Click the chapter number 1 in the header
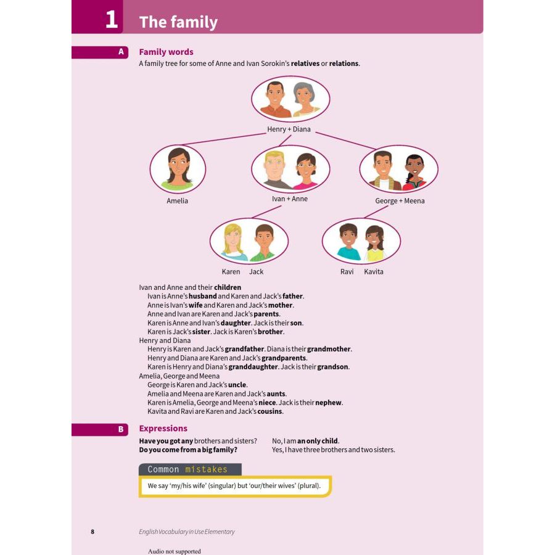111,20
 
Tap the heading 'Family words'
166,52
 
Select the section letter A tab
121,52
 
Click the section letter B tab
121,429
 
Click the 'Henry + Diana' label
289,129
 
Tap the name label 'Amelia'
177,200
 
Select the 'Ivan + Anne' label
289,199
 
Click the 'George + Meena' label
400,200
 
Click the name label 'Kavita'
373,271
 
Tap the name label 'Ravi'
347,271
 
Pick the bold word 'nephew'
329,403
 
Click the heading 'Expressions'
163,428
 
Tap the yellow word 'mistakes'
206,469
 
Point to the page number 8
92,532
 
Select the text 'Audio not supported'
175,551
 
